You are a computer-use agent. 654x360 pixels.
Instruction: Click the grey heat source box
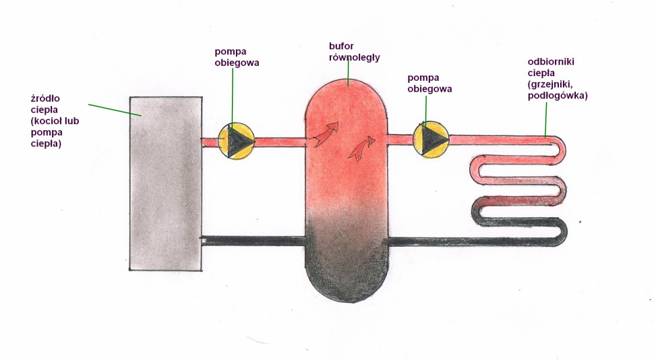pyautogui.click(x=165, y=182)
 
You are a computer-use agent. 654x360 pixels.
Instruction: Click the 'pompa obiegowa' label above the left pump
pyautogui.click(x=237, y=57)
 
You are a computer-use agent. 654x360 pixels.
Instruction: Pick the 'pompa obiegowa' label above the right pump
pyautogui.click(x=429, y=83)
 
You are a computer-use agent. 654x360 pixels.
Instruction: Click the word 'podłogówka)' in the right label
pyautogui.click(x=558, y=96)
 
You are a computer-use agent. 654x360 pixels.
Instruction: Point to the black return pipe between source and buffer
pyautogui.click(x=254, y=241)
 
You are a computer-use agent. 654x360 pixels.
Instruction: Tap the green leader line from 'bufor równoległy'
pyautogui.click(x=348, y=74)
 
